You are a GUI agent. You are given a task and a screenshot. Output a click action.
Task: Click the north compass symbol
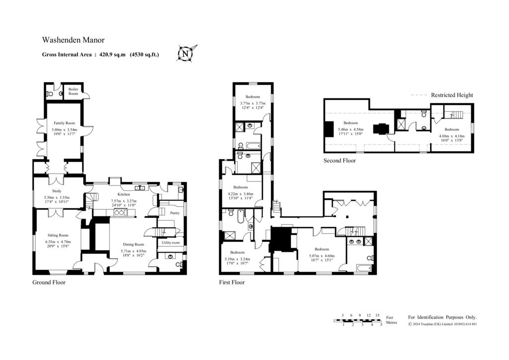186,53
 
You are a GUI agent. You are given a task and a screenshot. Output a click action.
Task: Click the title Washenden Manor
74,40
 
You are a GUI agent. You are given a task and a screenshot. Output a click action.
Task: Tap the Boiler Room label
73,91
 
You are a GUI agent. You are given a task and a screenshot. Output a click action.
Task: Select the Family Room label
64,123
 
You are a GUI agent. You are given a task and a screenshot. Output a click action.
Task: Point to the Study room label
57,191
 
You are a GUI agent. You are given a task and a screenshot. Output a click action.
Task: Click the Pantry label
174,213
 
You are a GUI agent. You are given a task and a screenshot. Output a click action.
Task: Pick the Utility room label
170,243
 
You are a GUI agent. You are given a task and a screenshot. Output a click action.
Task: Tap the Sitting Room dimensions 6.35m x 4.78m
58,242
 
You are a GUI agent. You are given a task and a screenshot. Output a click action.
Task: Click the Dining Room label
133,245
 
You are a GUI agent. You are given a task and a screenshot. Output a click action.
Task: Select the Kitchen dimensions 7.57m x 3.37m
124,200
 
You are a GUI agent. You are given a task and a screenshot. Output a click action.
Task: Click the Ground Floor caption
49,282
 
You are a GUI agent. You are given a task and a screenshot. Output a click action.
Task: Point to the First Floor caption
232,282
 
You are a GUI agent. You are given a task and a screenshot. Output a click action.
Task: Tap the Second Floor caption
339,161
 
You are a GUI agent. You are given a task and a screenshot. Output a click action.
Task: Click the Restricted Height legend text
452,95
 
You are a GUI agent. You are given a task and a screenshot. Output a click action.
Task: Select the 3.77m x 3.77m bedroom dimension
253,103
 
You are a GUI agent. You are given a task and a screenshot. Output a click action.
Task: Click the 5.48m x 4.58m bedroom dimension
350,129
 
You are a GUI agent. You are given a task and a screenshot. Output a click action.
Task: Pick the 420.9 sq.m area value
112,55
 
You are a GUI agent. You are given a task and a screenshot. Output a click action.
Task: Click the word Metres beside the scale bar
392,323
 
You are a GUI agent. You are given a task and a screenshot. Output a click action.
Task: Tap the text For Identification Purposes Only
442,317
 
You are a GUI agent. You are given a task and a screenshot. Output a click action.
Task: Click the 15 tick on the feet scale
377,315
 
